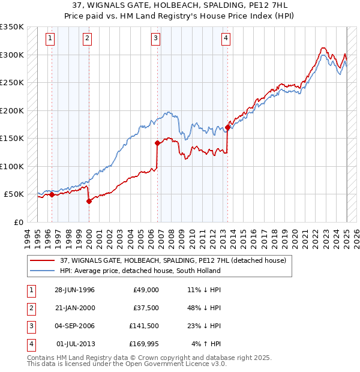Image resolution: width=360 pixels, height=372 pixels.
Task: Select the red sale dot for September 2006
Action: click(157, 143)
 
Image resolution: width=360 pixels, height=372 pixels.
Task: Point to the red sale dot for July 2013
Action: click(228, 127)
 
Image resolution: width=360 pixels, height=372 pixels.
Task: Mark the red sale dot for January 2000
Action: click(89, 202)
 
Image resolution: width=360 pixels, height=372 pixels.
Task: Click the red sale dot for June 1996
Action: click(52, 195)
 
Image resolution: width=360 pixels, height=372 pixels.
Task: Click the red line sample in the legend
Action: click(43, 260)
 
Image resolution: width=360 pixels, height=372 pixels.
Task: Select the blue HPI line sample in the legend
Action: click(43, 271)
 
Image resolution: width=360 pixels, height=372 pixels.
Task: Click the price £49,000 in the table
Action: click(146, 290)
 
